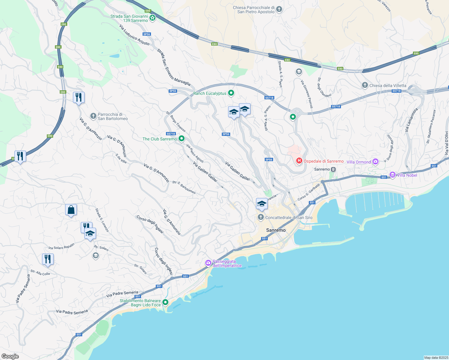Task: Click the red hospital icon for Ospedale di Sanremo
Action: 299,161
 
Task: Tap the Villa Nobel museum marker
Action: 392,175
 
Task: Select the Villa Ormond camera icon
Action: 375,162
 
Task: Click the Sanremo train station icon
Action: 333,169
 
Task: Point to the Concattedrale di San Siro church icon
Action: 261,217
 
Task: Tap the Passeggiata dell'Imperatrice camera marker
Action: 208,263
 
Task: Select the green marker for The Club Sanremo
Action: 182,139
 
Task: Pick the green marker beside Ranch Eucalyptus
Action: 231,93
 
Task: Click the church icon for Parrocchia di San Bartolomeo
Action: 93,116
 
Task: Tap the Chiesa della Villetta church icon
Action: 365,85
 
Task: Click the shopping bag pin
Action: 71,210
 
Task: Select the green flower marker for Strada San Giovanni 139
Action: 152,18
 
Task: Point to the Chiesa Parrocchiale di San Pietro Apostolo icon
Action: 279,9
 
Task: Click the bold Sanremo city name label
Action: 276,230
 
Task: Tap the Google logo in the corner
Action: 10,356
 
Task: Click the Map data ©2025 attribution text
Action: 436,358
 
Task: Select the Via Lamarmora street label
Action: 411,120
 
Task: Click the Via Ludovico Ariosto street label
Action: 134,35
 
